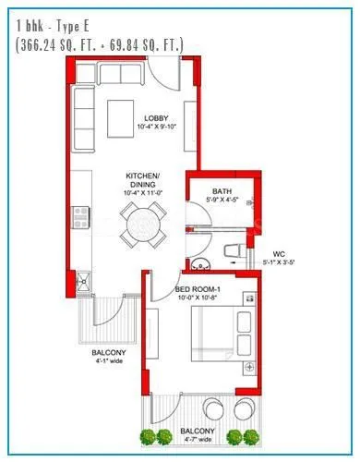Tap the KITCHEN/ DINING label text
click(144, 180)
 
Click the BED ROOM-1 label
click(198, 290)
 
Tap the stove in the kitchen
click(81, 218)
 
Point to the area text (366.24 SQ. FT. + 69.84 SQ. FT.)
click(99, 43)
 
